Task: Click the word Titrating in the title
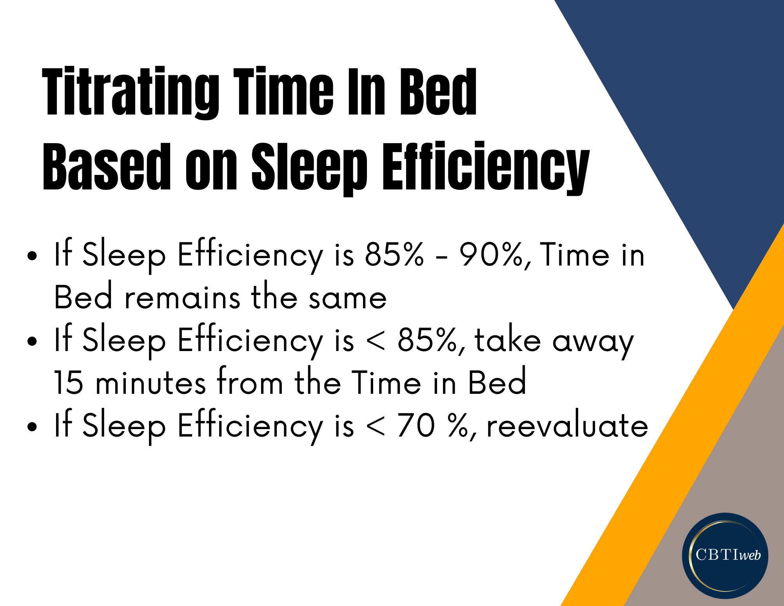click(131, 93)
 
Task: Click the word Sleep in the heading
click(309, 168)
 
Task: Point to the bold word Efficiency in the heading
click(486, 168)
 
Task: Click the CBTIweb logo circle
click(725, 555)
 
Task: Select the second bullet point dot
click(32, 341)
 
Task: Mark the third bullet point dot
click(32, 427)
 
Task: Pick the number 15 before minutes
click(69, 382)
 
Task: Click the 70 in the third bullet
click(416, 425)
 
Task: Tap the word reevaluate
click(567, 425)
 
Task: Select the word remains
click(182, 298)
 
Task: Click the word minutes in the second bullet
click(151, 382)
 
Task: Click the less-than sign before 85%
click(376, 340)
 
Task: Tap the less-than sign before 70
click(376, 426)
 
